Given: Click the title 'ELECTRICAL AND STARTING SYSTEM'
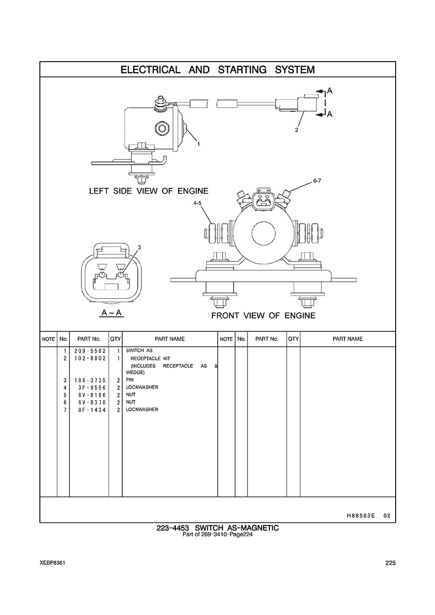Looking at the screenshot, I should tap(218, 69).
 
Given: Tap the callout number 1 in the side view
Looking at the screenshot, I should tap(198, 143).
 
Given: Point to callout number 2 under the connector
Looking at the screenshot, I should tap(297, 130).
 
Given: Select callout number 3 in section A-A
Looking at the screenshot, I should tap(139, 247).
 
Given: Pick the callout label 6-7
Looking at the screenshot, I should tap(317, 181).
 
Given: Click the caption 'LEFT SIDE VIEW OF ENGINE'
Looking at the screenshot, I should tap(149, 191).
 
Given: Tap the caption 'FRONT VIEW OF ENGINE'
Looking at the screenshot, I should tap(263, 315).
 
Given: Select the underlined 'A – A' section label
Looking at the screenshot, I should tap(111, 313).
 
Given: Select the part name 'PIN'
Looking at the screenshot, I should tap(130, 380).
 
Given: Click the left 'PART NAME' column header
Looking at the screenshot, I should tap(169, 339).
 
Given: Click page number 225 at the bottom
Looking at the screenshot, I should tap(390, 564).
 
